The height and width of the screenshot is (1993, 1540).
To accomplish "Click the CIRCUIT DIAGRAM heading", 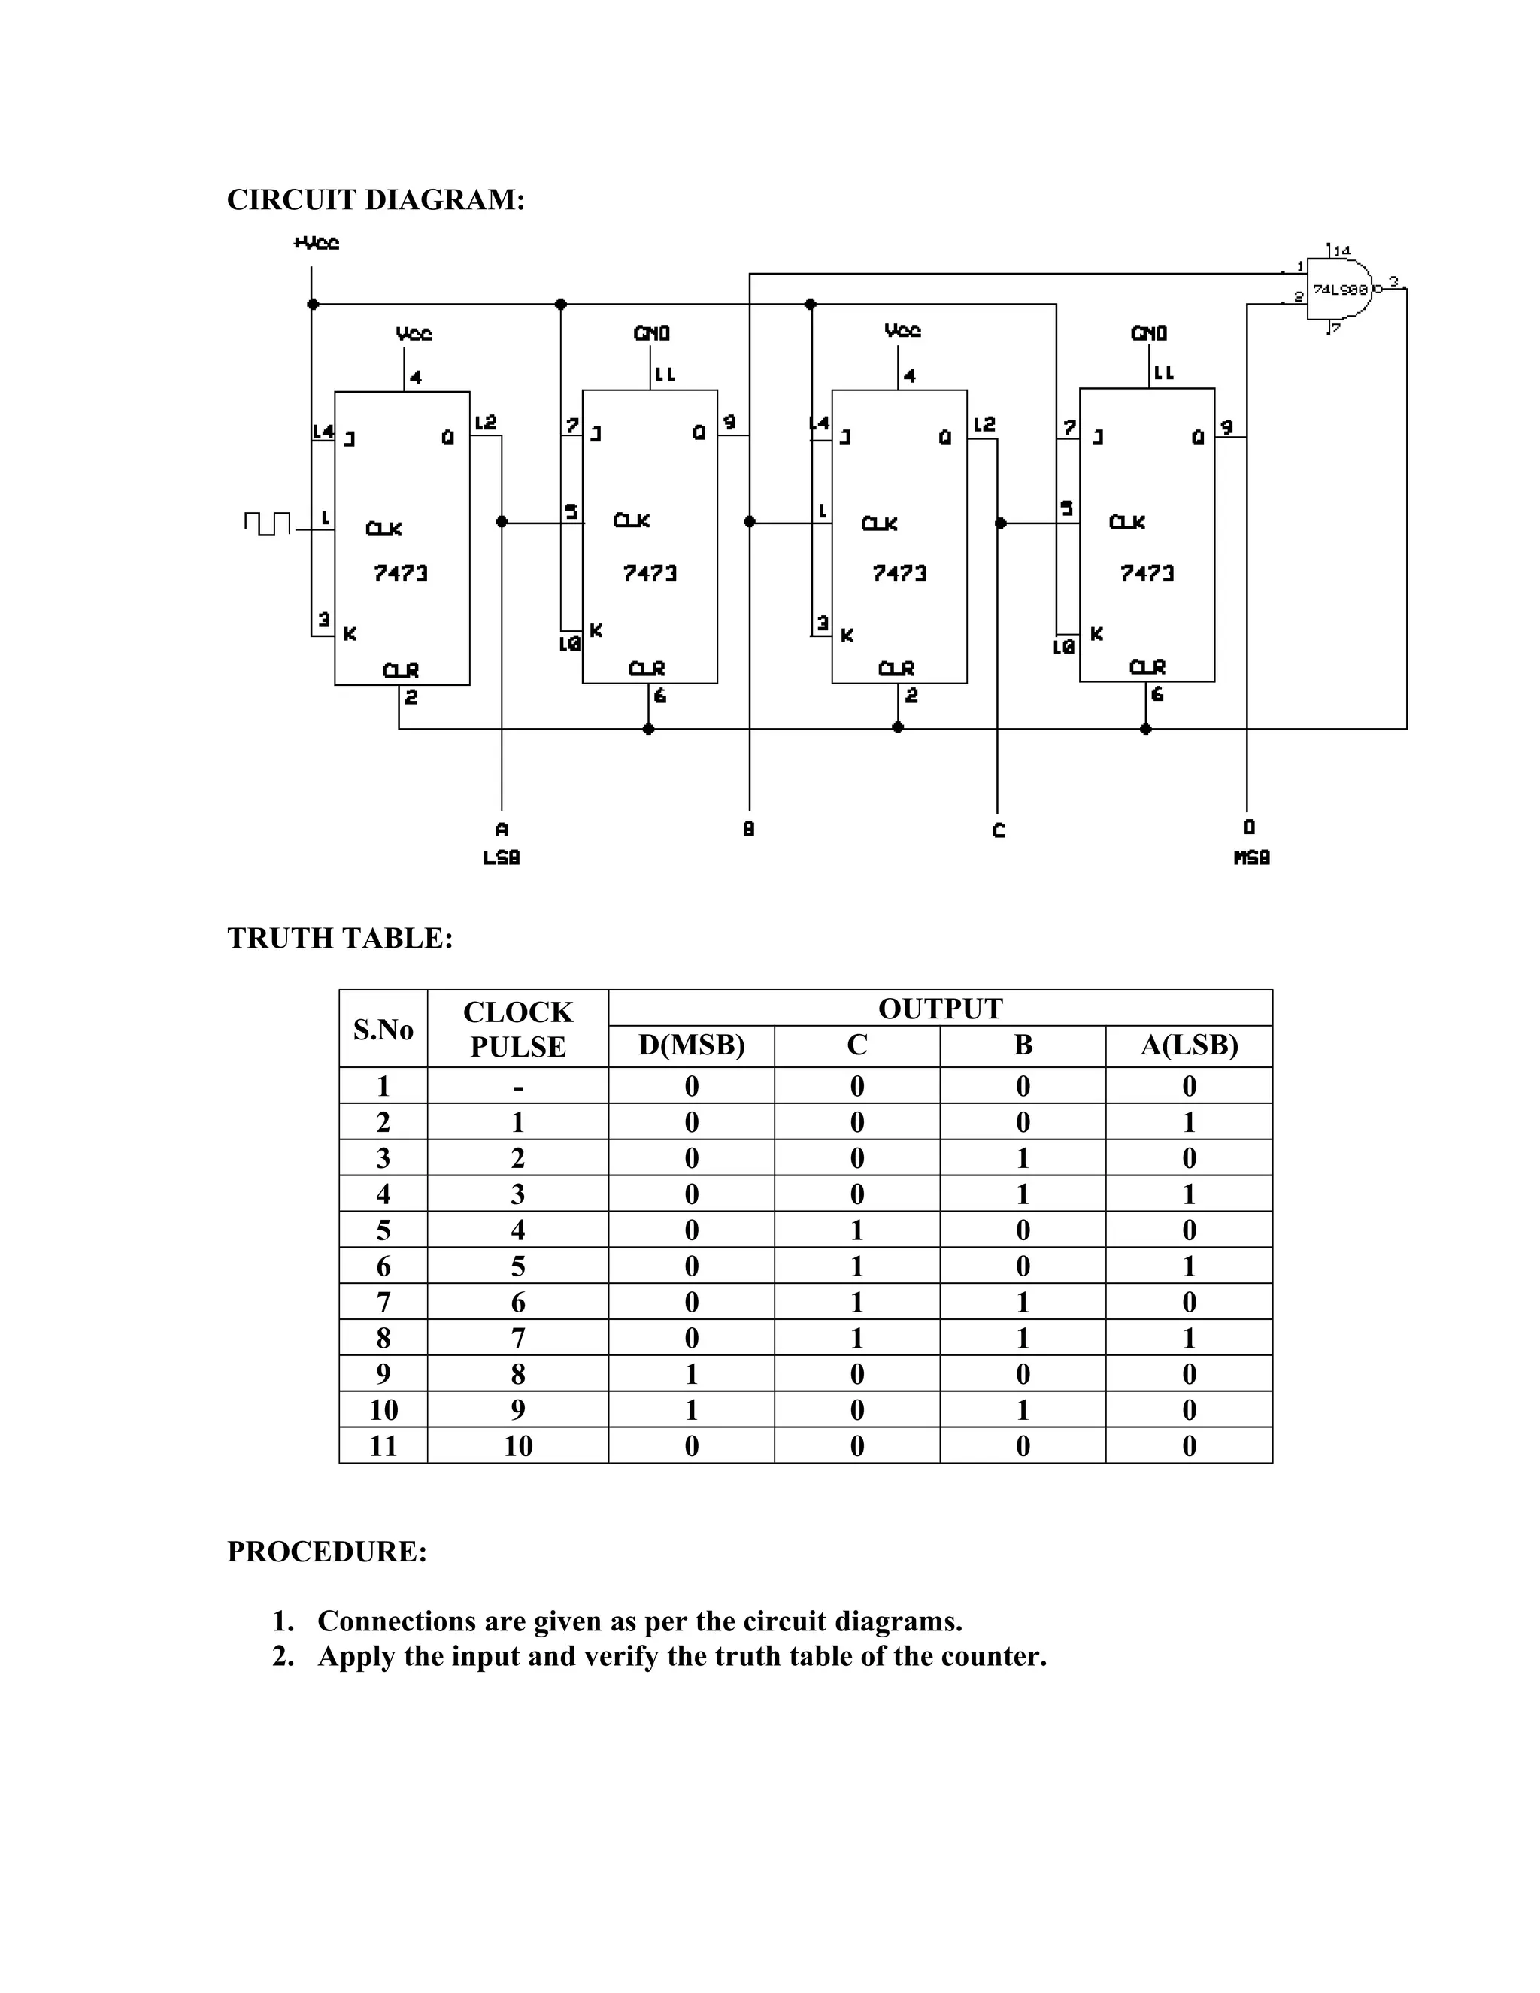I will [375, 200].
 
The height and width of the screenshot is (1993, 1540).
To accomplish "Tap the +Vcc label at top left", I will [317, 244].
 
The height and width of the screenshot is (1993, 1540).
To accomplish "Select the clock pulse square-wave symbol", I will [267, 523].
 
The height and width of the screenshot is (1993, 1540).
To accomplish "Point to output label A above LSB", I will [501, 830].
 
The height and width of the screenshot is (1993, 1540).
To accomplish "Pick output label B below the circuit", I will [749, 830].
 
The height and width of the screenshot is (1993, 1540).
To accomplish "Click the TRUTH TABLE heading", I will [339, 938].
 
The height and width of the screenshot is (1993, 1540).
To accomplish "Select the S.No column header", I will [383, 1030].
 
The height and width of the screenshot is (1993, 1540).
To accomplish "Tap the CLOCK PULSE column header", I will [517, 1030].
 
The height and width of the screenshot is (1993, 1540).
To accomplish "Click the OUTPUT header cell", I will [940, 1009].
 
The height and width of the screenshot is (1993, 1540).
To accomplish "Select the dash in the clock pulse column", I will [517, 1086].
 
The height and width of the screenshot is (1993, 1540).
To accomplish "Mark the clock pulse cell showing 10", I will [517, 1446].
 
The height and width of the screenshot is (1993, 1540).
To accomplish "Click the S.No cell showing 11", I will [383, 1446].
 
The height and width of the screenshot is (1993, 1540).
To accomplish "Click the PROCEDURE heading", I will [326, 1552].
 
